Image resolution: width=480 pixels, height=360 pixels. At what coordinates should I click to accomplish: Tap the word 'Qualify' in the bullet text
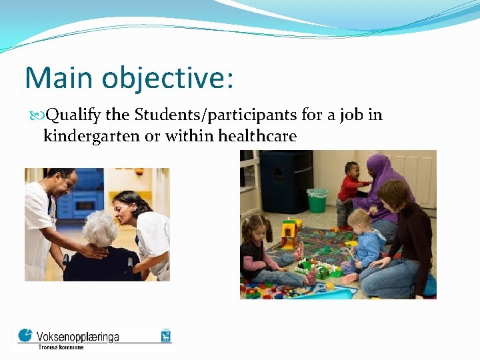(x=74, y=115)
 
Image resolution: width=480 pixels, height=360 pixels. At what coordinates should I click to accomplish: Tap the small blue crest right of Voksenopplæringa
(x=165, y=335)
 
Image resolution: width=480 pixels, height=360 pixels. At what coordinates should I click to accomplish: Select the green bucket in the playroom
(x=317, y=200)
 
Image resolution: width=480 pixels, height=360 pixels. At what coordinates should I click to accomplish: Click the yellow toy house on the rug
(x=289, y=234)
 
